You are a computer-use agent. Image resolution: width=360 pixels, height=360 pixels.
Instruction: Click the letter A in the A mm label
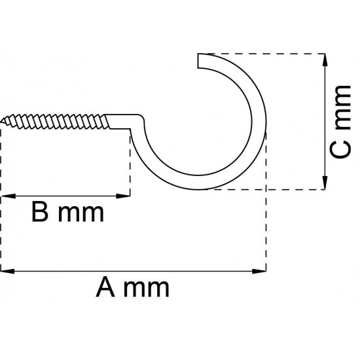tap(105, 287)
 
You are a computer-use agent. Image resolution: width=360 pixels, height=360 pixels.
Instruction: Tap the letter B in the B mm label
tap(40, 211)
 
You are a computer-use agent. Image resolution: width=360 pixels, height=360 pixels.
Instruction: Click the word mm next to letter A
tap(146, 289)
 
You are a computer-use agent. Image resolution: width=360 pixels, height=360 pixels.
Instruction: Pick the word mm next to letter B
tap(81, 214)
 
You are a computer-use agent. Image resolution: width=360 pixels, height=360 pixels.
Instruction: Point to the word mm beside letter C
tap(343, 107)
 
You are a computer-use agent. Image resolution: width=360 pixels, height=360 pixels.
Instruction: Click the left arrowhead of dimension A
tap(7, 271)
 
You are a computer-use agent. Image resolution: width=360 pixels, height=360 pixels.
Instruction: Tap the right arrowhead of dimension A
tap(259, 271)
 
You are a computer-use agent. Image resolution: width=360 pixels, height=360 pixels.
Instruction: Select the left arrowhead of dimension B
tap(9, 196)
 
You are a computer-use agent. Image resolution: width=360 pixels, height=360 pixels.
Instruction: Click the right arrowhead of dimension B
tap(123, 196)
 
